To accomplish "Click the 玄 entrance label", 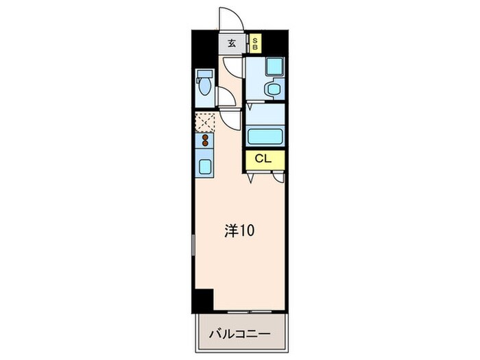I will pos(232,44).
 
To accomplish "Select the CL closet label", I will pos(263,159).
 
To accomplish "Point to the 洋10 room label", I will pos(240,231).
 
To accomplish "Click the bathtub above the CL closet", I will pos(265,134).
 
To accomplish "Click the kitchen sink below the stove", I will pos(204,165).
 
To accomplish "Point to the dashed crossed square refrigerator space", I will pos(204,121).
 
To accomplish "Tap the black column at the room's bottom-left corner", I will pos(203,300).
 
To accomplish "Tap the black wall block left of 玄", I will pos(206,44).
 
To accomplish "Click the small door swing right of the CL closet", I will pos(278,177).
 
